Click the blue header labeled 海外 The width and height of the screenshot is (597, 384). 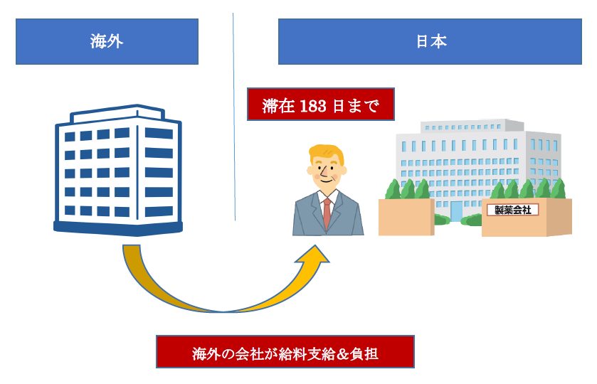click(107, 41)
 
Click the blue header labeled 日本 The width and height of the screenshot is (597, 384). click(430, 41)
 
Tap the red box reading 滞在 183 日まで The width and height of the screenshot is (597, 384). click(321, 105)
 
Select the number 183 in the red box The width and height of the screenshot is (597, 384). click(313, 106)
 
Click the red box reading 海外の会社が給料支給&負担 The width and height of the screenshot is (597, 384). click(285, 352)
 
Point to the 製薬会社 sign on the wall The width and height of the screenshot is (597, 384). click(513, 210)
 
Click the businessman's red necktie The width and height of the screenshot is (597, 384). click(327, 213)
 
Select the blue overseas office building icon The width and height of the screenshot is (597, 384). click(118, 170)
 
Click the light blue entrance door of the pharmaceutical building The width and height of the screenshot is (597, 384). click(455, 211)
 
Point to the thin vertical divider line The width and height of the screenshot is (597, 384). click(234, 117)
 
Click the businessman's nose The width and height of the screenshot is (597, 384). click(323, 174)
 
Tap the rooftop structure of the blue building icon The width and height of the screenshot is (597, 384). click(117, 114)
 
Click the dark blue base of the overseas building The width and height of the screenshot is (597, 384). click(118, 229)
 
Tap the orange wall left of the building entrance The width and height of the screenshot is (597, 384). click(406, 217)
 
